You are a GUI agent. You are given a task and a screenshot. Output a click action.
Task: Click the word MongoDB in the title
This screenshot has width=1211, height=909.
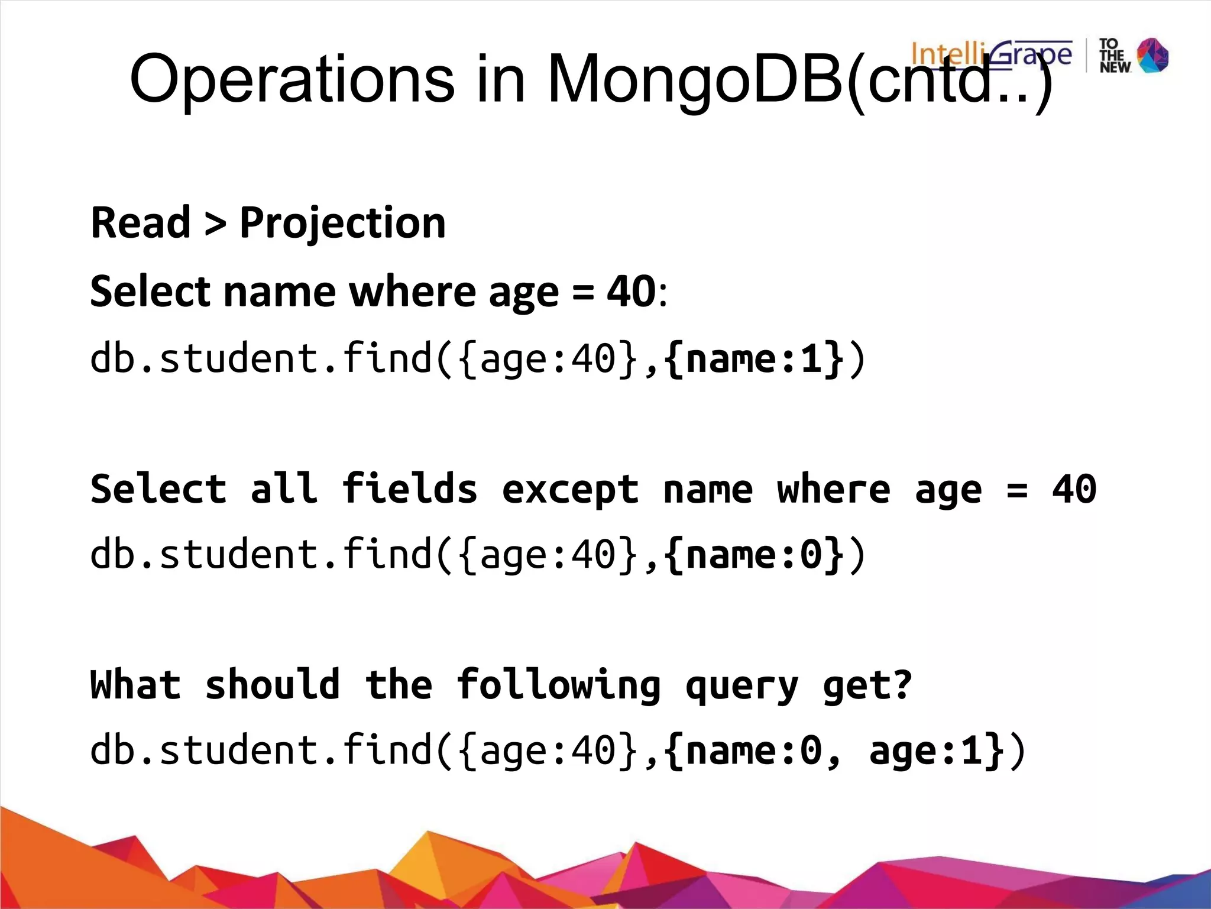(695, 80)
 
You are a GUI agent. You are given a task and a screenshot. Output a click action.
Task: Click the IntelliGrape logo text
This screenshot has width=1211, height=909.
(991, 54)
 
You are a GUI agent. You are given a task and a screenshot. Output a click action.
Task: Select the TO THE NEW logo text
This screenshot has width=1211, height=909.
(1114, 56)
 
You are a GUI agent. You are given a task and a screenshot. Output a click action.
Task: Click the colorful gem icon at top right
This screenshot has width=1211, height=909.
(1152, 56)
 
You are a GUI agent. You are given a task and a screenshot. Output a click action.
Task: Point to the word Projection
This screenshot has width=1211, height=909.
(342, 223)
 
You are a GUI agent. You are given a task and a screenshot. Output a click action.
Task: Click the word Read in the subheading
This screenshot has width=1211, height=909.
(141, 223)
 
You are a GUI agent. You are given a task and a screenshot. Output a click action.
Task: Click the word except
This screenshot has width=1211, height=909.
(570, 490)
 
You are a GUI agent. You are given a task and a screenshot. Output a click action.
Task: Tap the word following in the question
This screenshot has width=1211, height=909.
(558, 685)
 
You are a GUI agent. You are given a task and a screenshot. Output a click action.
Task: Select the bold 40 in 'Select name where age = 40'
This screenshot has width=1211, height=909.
(632, 292)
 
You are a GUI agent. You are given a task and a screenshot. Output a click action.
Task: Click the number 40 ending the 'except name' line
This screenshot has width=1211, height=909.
(1074, 489)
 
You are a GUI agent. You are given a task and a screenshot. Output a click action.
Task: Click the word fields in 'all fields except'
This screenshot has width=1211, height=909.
(409, 489)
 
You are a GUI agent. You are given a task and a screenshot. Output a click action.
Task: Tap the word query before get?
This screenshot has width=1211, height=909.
(742, 687)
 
